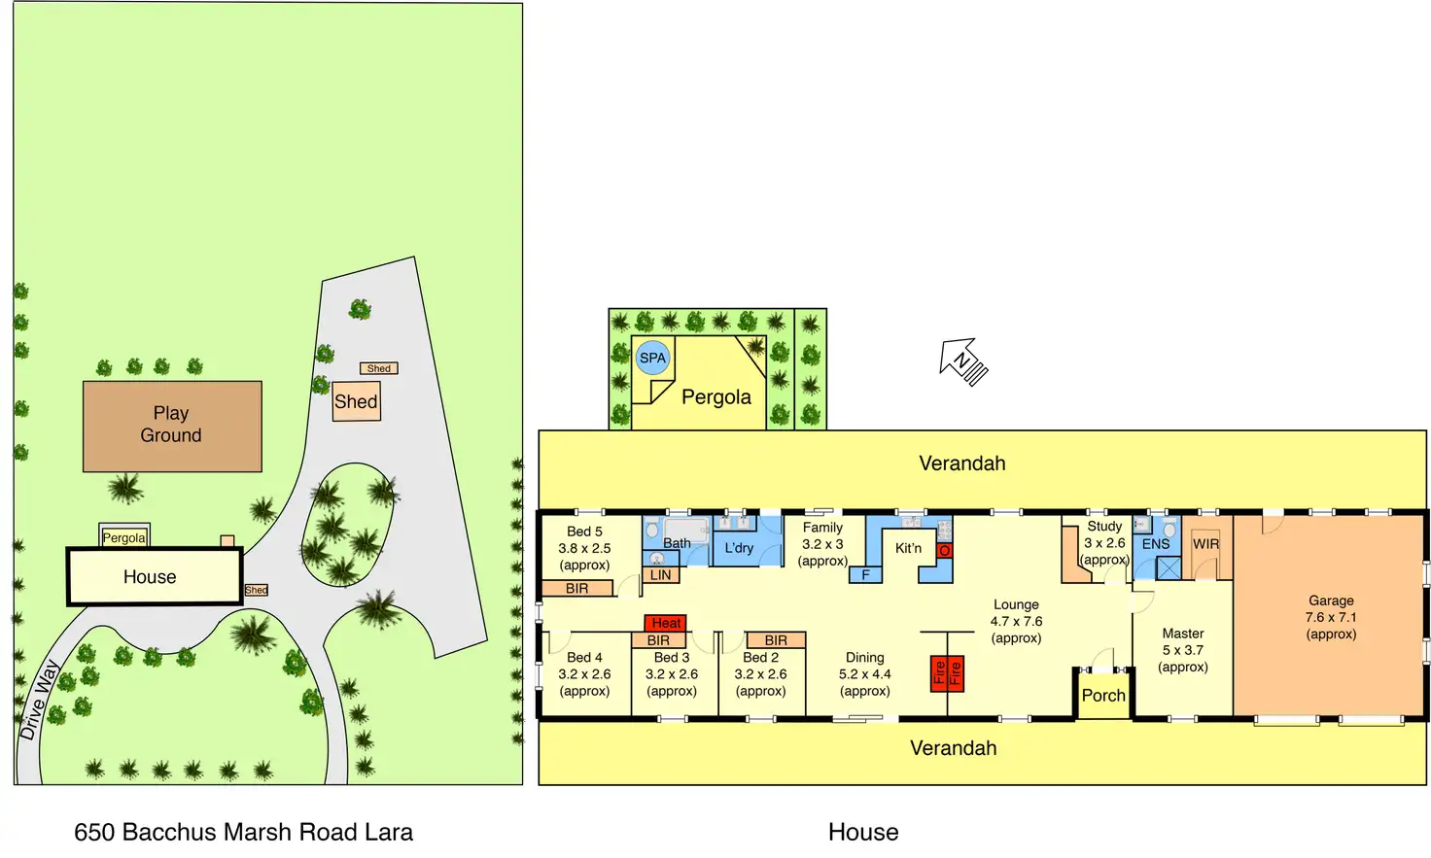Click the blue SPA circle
tap(652, 359)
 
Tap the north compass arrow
tap(962, 361)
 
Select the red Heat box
tap(666, 623)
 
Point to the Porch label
tap(1103, 696)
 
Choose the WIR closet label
tap(1205, 544)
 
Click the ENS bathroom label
tap(1156, 544)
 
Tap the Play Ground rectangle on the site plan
tap(172, 426)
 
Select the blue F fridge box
tap(865, 574)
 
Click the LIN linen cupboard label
tap(661, 574)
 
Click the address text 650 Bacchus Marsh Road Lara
tap(243, 832)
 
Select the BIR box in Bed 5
tap(576, 589)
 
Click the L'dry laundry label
tap(739, 548)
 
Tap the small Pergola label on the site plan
tap(124, 537)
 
